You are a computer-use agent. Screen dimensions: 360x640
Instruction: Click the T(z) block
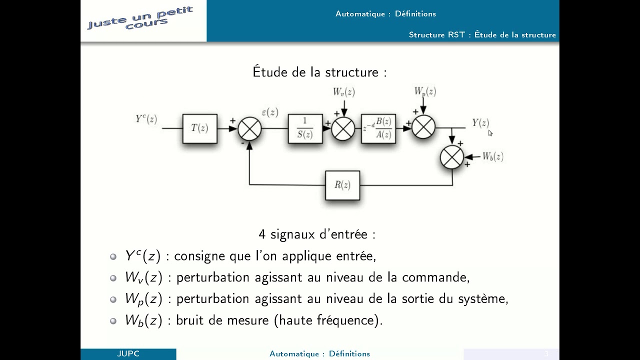click(x=199, y=128)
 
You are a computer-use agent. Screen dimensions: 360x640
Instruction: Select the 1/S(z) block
click(x=305, y=128)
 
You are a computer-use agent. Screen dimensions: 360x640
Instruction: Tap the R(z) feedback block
click(x=342, y=185)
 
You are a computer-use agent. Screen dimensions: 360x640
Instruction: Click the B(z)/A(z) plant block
click(x=378, y=128)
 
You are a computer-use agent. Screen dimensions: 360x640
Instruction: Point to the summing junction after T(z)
click(x=249, y=128)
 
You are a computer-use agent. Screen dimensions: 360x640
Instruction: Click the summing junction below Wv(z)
click(x=343, y=128)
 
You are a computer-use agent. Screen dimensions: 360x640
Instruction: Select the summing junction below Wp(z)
click(x=423, y=127)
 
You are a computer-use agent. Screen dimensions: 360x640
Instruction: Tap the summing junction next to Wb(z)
click(x=452, y=157)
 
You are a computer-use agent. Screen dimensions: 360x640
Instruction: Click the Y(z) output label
click(x=480, y=122)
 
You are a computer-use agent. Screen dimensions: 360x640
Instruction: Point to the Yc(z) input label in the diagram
click(x=146, y=119)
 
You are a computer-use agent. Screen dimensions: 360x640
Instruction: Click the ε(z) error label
click(x=270, y=112)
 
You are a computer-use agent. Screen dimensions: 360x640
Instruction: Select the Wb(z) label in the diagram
click(x=492, y=156)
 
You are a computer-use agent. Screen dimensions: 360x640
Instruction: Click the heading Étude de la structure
click(x=319, y=72)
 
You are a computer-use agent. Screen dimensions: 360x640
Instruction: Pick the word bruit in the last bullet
click(x=192, y=320)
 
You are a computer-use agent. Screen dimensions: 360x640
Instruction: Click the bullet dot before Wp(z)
click(x=113, y=299)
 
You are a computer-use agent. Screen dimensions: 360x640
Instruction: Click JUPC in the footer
click(x=128, y=353)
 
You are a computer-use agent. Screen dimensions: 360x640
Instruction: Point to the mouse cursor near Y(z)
click(x=490, y=132)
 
